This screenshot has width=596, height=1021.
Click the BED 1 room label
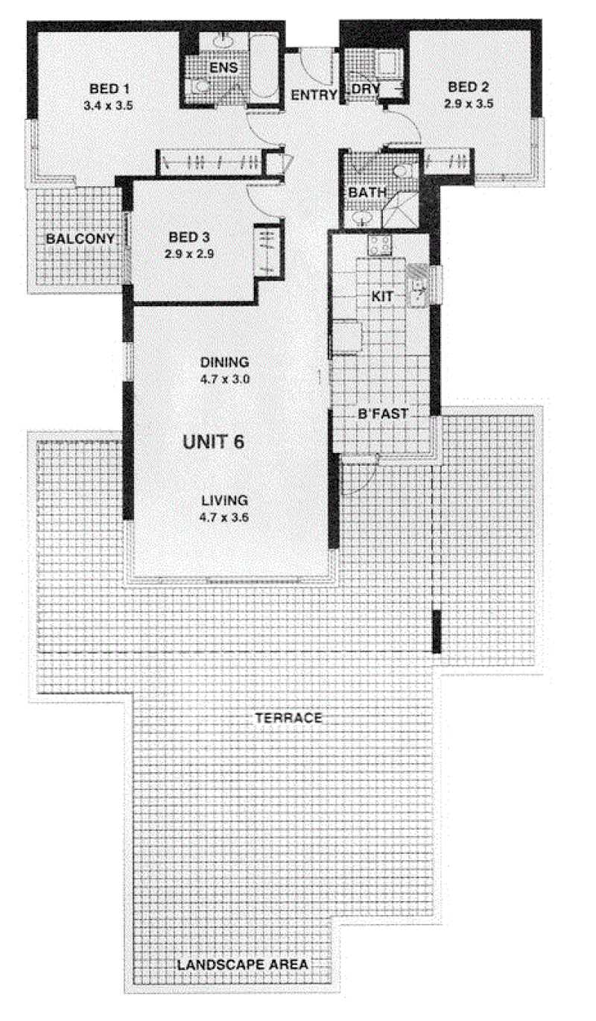[x=110, y=89]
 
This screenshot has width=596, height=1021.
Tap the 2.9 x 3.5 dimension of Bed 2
[x=469, y=104]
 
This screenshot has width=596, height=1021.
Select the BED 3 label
[x=189, y=237]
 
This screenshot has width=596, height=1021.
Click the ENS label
[x=223, y=68]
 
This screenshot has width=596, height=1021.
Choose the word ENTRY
[x=314, y=95]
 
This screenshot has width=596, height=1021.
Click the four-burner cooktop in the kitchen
[x=379, y=244]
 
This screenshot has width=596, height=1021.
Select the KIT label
[x=382, y=297]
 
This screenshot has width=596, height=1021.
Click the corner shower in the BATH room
[x=399, y=210]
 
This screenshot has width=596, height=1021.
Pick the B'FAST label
[x=383, y=414]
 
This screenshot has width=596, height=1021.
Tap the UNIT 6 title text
[x=213, y=442]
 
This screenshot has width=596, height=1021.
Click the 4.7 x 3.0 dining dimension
[x=225, y=379]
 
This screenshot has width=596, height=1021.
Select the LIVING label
[x=225, y=501]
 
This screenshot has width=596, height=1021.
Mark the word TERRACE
[x=288, y=718]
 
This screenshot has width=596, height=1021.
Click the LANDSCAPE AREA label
[x=242, y=964]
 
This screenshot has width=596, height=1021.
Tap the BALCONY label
[x=80, y=238]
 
